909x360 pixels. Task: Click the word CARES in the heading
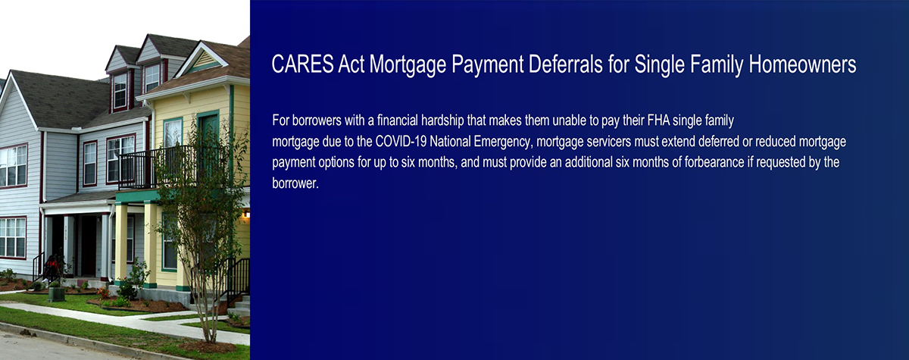click(302, 64)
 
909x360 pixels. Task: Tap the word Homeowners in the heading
click(802, 64)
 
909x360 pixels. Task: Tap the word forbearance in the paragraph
click(714, 162)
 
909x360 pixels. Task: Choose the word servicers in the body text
click(609, 141)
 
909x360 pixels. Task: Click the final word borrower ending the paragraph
click(294, 183)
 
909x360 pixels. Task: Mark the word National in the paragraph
click(450, 141)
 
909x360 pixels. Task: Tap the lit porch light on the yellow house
click(246, 214)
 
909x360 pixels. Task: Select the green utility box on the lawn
click(56, 293)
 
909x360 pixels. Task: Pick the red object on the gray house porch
click(52, 267)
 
